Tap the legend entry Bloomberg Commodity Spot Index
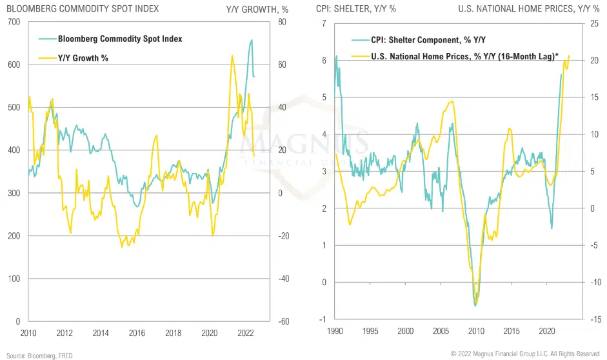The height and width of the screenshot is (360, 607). click(x=120, y=39)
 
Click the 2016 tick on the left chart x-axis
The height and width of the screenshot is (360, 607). click(x=137, y=333)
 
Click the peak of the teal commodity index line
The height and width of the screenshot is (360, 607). click(x=251, y=40)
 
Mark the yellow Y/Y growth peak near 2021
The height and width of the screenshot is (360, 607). click(x=232, y=55)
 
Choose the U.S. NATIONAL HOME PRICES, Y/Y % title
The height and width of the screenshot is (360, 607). click(x=529, y=9)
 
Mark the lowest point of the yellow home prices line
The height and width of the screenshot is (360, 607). click(x=476, y=305)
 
